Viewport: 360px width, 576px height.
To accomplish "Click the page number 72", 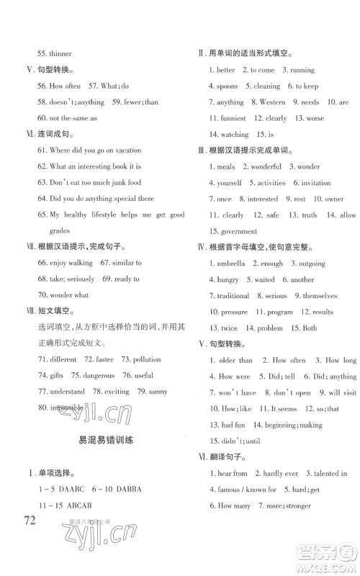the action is click(37, 521).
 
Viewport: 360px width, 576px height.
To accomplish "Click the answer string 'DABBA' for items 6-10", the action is click(125, 489).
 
